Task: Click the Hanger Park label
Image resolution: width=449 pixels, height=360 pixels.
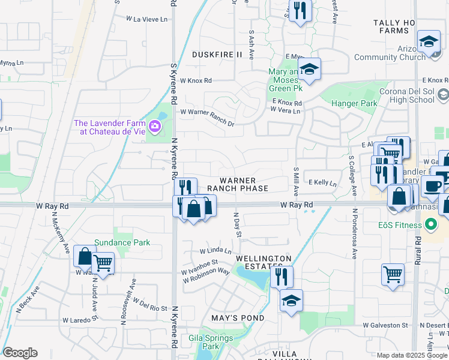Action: tap(357, 103)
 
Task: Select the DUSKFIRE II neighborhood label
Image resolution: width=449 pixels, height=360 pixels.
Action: tap(217, 55)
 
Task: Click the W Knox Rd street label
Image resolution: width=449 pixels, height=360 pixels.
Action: tap(196, 80)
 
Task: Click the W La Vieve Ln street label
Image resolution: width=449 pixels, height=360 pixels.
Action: tap(146, 19)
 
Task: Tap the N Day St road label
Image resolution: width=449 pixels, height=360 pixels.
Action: tap(237, 224)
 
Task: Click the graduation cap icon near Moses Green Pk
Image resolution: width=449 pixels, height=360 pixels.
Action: tap(309, 70)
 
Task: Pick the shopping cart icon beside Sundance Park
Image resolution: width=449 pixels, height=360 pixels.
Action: tap(103, 263)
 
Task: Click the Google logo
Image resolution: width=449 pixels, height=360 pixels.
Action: tap(20, 353)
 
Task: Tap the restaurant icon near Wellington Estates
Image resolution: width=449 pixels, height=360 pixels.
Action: tap(281, 277)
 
